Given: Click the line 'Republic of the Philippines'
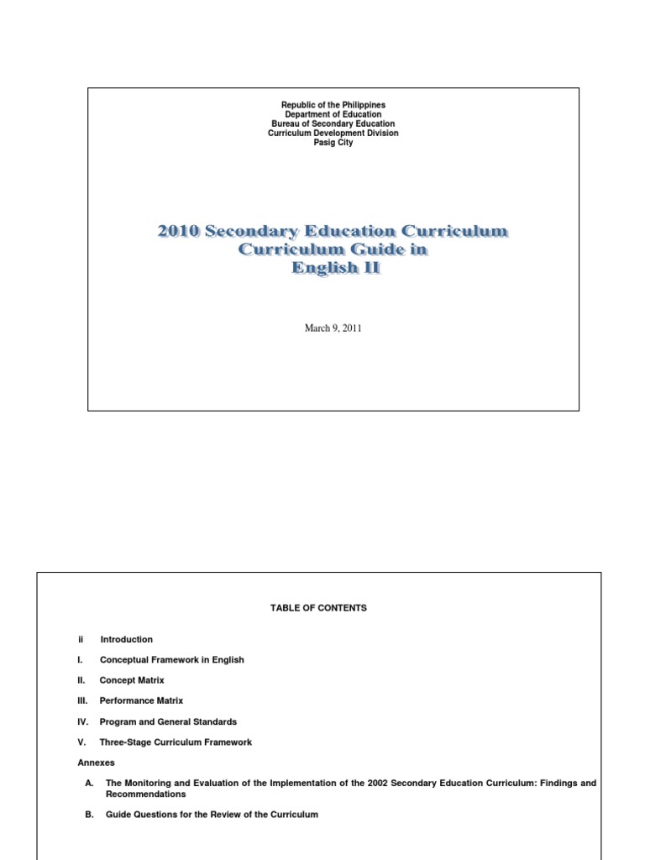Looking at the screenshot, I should pyautogui.click(x=333, y=105).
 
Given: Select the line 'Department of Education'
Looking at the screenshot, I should pyautogui.click(x=333, y=114).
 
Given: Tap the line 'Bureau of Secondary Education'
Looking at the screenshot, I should pyautogui.click(x=333, y=123).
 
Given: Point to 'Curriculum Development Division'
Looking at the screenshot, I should pyautogui.click(x=333, y=133).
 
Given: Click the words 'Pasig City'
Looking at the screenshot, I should pyautogui.click(x=333, y=142).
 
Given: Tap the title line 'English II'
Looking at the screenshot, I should pyautogui.click(x=333, y=268).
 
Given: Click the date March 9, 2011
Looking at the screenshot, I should pyautogui.click(x=333, y=328).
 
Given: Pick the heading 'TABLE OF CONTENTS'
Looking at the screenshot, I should pyautogui.click(x=318, y=608).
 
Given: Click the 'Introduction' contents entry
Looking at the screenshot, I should pyautogui.click(x=126, y=639).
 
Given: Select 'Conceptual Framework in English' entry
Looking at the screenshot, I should pyautogui.click(x=171, y=660).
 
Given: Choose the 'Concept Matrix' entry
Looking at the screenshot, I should pyautogui.click(x=132, y=680).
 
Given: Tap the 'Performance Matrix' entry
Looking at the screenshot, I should pyautogui.click(x=141, y=700).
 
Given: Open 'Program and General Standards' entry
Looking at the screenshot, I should pyautogui.click(x=168, y=721).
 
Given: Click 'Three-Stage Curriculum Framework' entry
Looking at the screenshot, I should pyautogui.click(x=176, y=742).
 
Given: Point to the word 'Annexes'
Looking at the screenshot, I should pyautogui.click(x=96, y=763).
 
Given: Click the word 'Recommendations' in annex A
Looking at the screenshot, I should pyautogui.click(x=145, y=794).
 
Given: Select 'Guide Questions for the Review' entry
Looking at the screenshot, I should pyautogui.click(x=212, y=815).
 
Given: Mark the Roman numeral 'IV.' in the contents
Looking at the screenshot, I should pyautogui.click(x=83, y=721).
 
